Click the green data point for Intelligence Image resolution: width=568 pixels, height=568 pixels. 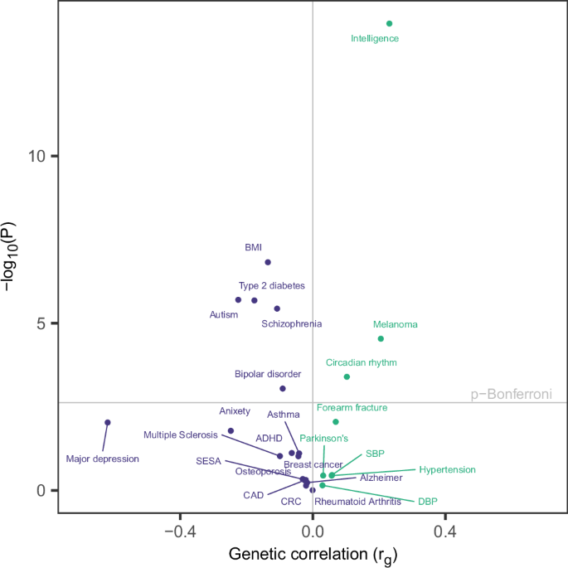[389, 23]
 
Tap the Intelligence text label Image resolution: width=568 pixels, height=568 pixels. [375, 39]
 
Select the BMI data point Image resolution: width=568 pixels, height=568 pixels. [268, 262]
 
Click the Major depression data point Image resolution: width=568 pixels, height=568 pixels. [107, 422]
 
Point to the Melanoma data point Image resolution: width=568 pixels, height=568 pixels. [381, 338]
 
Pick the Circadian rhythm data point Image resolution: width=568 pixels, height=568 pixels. [347, 376]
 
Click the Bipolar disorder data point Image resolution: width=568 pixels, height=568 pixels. [283, 388]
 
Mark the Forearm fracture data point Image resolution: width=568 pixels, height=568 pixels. [336, 421]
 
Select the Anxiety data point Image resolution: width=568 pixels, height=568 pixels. [231, 430]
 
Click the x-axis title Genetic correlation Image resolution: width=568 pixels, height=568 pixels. [313, 553]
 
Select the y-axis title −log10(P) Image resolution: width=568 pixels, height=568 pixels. [15, 258]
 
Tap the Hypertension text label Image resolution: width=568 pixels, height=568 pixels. [447, 469]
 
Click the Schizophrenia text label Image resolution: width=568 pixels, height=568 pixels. [292, 324]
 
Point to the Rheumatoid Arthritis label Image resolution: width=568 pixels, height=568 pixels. [357, 502]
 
